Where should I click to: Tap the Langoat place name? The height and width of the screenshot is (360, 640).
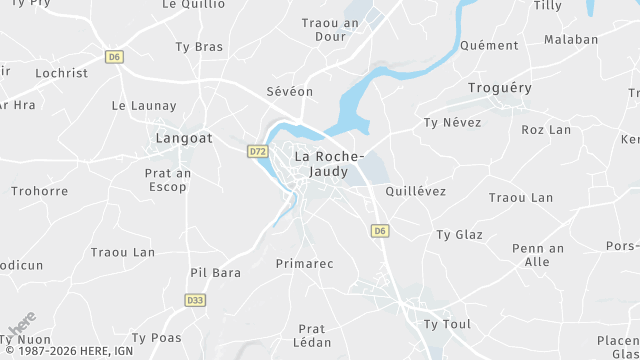(185, 138)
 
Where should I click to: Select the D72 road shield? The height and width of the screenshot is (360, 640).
(257, 151)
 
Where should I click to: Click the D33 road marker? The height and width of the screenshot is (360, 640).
(195, 299)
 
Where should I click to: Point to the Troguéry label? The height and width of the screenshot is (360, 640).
(500, 88)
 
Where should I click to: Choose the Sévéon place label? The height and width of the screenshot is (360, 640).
(290, 91)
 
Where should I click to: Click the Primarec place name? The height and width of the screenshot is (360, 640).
(304, 263)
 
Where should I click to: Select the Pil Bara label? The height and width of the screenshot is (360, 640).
(216, 272)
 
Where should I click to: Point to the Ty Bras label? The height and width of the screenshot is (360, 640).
(199, 46)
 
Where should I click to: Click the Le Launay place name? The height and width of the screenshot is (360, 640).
(144, 105)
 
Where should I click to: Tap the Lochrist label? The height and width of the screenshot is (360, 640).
(62, 73)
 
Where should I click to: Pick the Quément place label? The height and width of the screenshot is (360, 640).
(490, 45)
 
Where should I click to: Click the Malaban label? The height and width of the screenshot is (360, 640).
(571, 40)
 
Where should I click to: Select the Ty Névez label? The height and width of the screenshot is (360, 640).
(452, 122)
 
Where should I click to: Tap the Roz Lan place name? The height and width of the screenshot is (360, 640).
(546, 130)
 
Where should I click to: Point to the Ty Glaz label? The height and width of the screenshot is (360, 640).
(459, 235)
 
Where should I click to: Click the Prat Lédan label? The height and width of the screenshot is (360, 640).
(313, 335)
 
